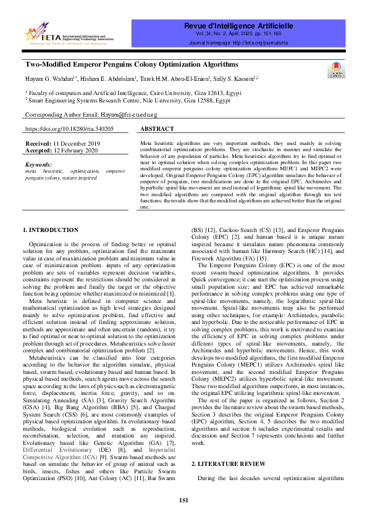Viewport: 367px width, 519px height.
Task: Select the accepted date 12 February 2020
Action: click(x=75, y=149)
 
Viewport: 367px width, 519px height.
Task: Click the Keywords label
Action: click(x=39, y=165)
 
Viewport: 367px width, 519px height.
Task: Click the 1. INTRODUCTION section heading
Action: click(x=51, y=230)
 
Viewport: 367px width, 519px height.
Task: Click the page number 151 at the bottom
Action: click(x=183, y=500)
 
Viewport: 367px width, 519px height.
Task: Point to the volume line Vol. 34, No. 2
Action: click(x=237, y=35)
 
